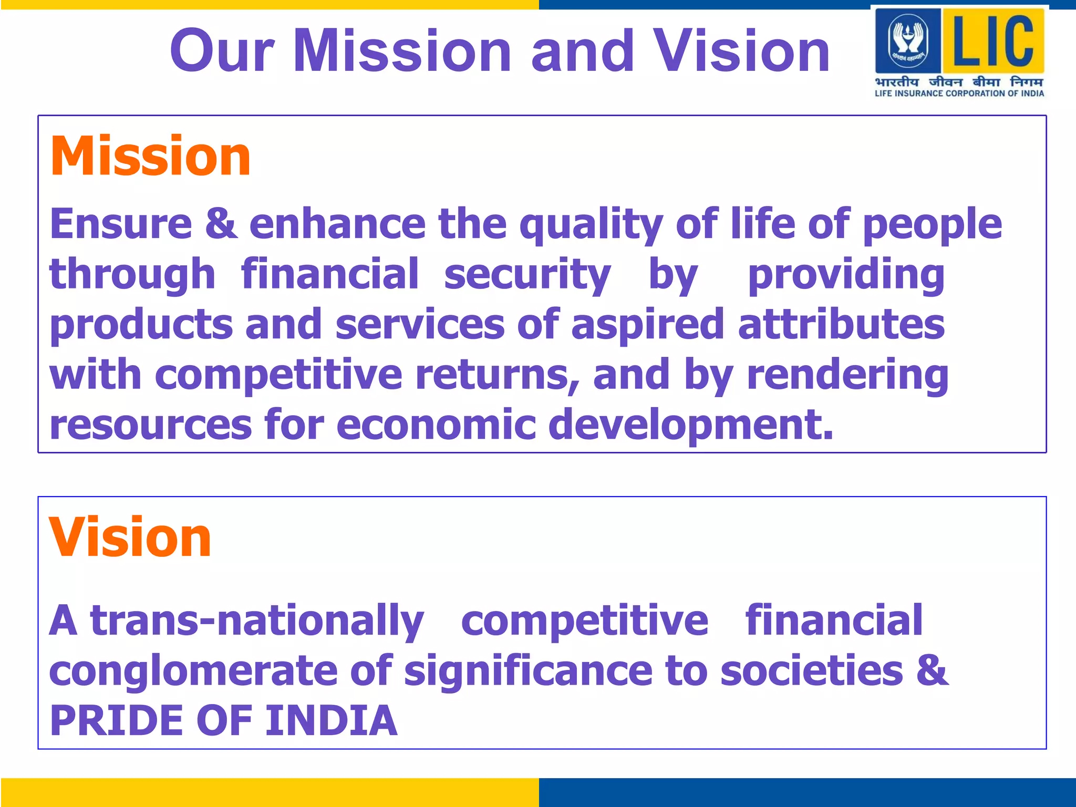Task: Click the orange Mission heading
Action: (x=150, y=156)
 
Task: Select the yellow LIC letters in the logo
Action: (x=993, y=41)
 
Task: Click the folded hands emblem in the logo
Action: (x=908, y=40)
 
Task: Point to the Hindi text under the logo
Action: (x=959, y=82)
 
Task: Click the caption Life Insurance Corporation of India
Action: (x=959, y=94)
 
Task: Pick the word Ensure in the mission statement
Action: (x=121, y=224)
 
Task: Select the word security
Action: (x=527, y=275)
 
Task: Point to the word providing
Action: (x=846, y=275)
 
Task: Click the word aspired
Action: (x=648, y=325)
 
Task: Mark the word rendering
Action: (x=847, y=375)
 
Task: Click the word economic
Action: (x=436, y=424)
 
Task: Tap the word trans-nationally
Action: (x=257, y=622)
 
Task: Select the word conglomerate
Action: (x=193, y=672)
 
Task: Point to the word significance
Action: (x=529, y=672)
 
